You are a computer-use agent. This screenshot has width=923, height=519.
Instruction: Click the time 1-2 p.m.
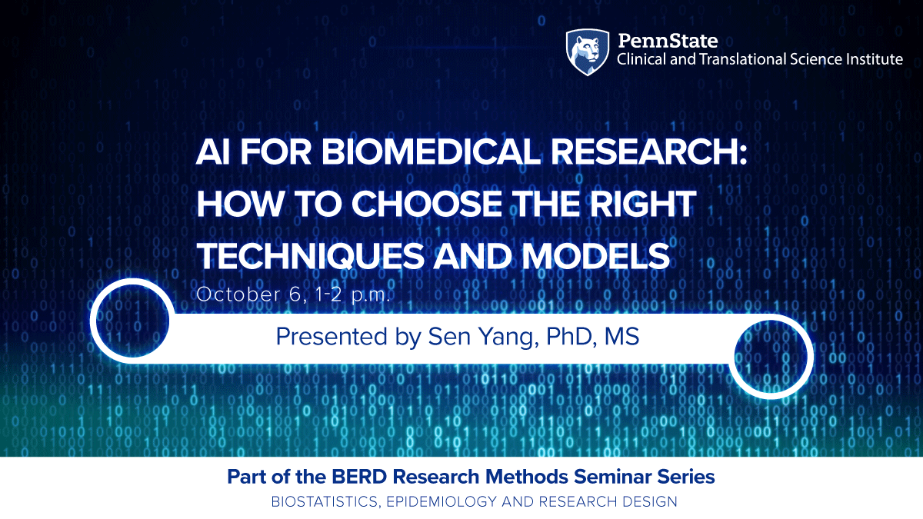point(348,294)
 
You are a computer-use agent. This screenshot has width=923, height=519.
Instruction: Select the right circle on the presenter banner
point(771,355)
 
